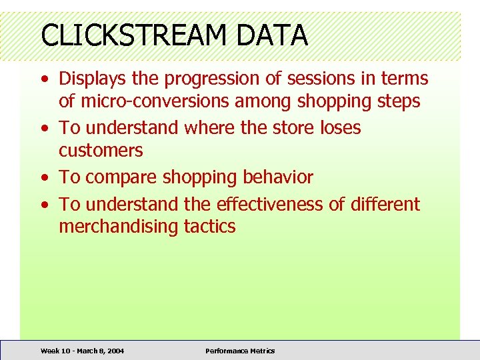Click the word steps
[x=397, y=101]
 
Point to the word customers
[x=101, y=150]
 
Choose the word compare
[x=117, y=177]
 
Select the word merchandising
[x=118, y=227]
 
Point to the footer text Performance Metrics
[x=240, y=351]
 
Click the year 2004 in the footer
[x=114, y=351]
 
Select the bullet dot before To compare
[x=43, y=178]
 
